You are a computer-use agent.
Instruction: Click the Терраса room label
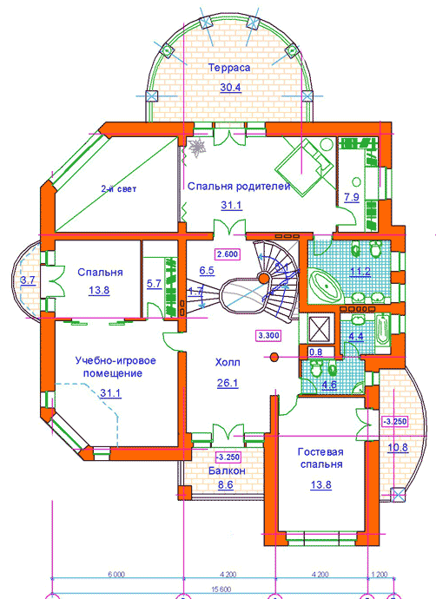(x=229, y=68)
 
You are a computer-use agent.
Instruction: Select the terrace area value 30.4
(x=230, y=88)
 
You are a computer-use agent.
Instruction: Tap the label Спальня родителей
(x=239, y=187)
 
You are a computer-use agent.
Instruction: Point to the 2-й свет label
(x=118, y=188)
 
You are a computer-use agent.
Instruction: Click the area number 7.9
(x=352, y=198)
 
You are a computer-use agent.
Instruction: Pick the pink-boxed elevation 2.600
(x=228, y=254)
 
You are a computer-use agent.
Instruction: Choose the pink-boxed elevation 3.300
(x=268, y=336)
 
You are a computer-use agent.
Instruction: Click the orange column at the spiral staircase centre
(x=263, y=278)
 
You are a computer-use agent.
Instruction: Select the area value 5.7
(x=155, y=284)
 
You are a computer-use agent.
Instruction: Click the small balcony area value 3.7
(x=28, y=280)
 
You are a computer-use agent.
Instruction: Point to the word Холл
(x=228, y=362)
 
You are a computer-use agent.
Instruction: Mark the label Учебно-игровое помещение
(x=115, y=366)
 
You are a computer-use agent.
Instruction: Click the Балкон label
(x=227, y=471)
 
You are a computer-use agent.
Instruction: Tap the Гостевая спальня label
(x=320, y=458)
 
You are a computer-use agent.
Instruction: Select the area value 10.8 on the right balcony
(x=398, y=447)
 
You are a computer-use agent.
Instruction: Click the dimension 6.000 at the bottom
(x=116, y=574)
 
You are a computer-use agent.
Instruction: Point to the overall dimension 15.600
(x=222, y=589)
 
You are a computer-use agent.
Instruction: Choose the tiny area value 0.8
(x=316, y=352)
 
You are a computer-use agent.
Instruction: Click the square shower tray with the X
(x=319, y=328)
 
